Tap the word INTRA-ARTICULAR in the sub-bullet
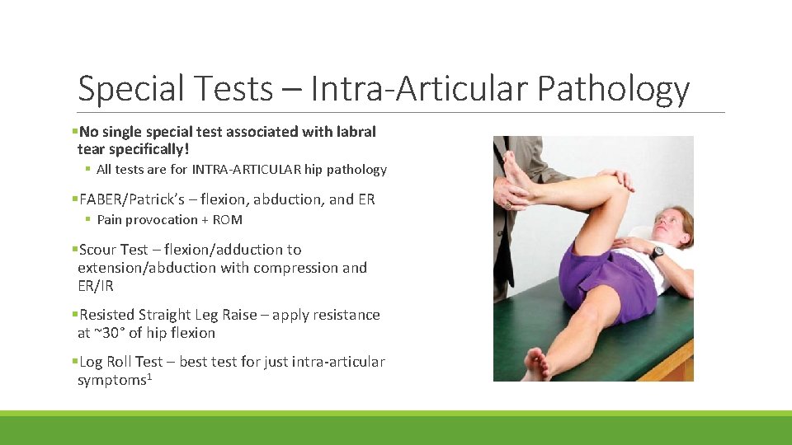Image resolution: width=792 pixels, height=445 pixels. [247, 170]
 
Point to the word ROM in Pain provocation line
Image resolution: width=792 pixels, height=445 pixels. [228, 220]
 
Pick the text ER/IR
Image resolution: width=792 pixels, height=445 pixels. [96, 286]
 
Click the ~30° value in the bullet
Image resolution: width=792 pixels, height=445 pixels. [102, 333]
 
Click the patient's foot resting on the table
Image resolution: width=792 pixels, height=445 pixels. [536, 364]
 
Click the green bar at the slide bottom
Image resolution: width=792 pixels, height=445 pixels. [396, 429]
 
